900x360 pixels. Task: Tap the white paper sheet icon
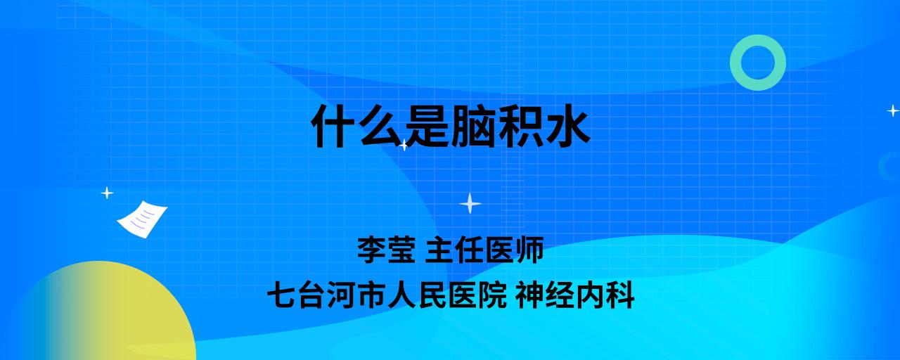(142, 219)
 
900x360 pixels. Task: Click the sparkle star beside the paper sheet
(107, 193)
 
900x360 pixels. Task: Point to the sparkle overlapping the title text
(404, 145)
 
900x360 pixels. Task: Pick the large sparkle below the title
(470, 203)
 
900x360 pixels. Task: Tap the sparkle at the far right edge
(893, 110)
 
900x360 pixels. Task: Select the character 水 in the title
(567, 125)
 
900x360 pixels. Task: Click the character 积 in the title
(520, 125)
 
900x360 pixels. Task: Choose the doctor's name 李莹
(386, 250)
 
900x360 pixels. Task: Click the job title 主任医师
(484, 250)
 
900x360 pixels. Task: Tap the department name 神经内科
(575, 295)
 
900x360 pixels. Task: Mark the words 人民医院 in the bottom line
(446, 295)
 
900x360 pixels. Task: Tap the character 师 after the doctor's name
(529, 250)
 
